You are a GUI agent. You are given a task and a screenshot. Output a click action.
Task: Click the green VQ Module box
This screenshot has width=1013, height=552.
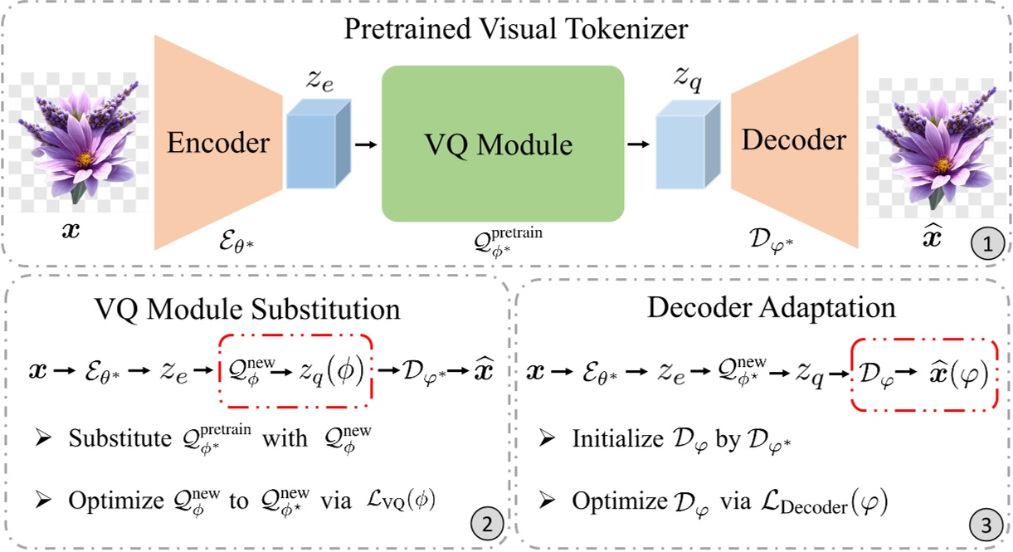point(502,143)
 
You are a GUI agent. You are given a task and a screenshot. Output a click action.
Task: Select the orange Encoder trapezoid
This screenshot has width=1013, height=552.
point(217,143)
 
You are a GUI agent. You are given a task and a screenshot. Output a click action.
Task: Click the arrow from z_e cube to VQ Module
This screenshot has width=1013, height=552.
point(363,144)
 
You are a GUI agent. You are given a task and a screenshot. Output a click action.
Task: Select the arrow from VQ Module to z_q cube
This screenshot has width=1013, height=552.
point(638,144)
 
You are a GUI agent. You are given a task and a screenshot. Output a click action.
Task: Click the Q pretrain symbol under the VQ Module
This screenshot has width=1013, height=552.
point(502,242)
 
